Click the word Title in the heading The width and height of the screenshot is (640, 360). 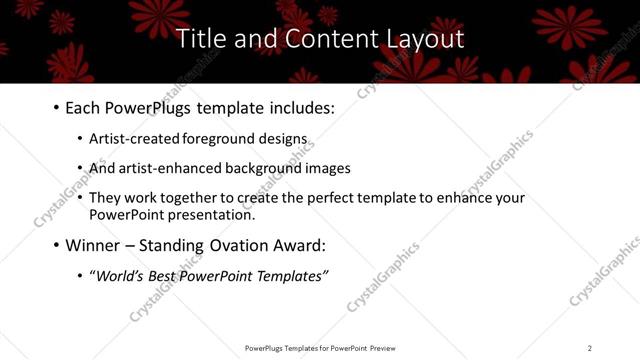(199, 39)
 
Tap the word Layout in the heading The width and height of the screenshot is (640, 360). (424, 39)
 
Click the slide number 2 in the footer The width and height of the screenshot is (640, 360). (590, 347)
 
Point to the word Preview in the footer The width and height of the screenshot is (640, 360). (387, 347)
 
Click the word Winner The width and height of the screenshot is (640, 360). (93, 245)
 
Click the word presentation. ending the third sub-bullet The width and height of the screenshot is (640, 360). (213, 214)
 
